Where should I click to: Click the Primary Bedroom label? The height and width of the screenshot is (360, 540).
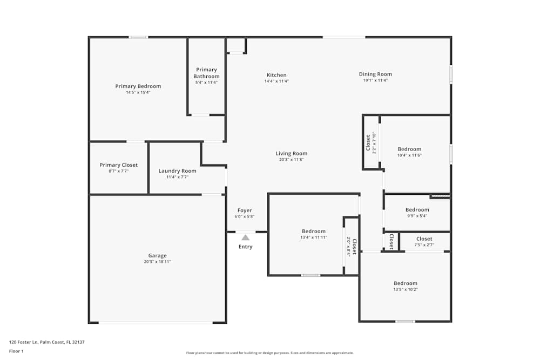[x=138, y=86]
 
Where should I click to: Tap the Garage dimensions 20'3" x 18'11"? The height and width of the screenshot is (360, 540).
[x=157, y=262]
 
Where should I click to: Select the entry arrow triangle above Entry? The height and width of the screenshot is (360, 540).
[x=245, y=237]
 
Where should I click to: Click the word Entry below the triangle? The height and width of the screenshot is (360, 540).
[x=245, y=247]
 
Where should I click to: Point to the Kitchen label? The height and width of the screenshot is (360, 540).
[x=276, y=75]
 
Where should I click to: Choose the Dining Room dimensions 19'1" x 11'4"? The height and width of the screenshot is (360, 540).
[x=375, y=80]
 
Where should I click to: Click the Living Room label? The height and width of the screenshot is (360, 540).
[x=292, y=153]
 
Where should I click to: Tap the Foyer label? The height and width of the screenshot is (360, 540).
[x=245, y=210]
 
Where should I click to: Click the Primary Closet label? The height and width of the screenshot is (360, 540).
[x=119, y=165]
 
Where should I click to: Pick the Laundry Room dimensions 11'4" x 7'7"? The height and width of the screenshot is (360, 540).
[x=177, y=176]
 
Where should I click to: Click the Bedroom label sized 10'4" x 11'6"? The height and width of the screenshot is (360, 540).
[x=409, y=149]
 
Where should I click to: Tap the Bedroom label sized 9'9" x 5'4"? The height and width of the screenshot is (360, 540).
[x=417, y=209]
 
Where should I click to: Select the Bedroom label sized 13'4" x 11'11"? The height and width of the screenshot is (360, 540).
[x=313, y=231]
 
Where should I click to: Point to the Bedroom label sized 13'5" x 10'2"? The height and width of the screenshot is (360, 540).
[x=405, y=283]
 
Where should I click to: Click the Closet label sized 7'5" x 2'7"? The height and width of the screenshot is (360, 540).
[x=424, y=239]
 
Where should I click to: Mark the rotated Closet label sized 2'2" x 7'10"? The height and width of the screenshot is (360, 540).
[x=368, y=143]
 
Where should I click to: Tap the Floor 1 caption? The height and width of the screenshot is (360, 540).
[x=16, y=351]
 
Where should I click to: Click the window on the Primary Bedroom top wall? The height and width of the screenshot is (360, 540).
[x=138, y=37]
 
